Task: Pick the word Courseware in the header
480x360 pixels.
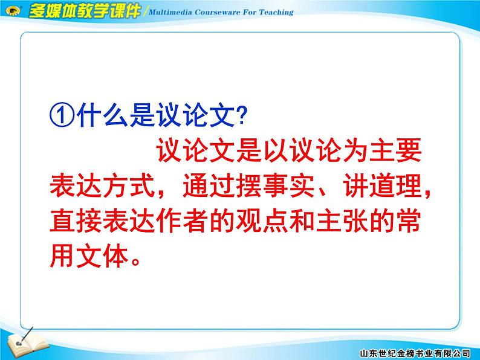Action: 218,11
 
